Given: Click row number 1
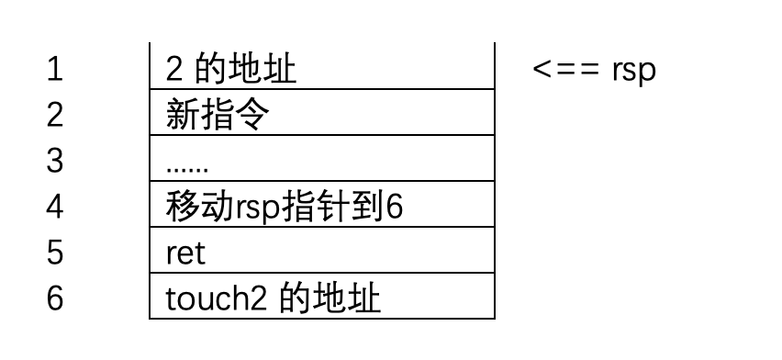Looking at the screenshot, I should (55, 70).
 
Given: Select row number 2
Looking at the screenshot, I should (55, 116).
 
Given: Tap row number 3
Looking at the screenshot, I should (55, 161).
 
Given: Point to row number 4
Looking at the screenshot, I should (55, 207).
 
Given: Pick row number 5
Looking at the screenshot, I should (55, 253).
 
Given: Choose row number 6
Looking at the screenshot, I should (55, 298).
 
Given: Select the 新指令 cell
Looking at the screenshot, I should (321, 114).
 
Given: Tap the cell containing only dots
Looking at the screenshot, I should (321, 160).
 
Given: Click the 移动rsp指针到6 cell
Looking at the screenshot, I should (321, 206).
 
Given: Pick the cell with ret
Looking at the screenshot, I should (321, 252).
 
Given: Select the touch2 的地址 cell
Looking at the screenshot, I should (321, 298).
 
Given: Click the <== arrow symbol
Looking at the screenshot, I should (566, 70).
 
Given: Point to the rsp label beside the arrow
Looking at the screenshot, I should (633, 72).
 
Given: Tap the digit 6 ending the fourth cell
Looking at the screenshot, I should (394, 207).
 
